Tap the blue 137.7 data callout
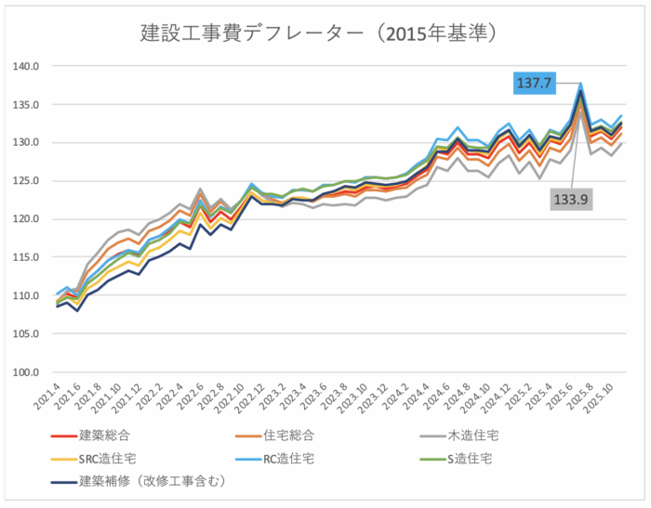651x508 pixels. click(x=535, y=83)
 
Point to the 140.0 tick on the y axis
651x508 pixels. click(x=25, y=67)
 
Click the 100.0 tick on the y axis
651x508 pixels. click(x=25, y=373)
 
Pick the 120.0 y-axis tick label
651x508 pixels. click(x=25, y=220)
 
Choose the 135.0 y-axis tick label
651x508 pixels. click(x=25, y=105)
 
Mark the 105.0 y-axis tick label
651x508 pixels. click(x=25, y=335)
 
